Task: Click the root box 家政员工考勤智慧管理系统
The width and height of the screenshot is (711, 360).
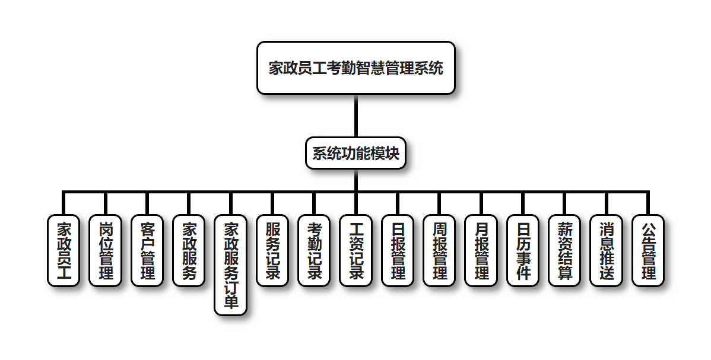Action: pyautogui.click(x=355, y=68)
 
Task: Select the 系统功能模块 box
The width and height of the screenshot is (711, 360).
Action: pyautogui.click(x=355, y=153)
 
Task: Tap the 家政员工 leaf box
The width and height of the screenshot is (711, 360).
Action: pyautogui.click(x=64, y=250)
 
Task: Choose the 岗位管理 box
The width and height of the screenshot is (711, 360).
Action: pyautogui.click(x=105, y=250)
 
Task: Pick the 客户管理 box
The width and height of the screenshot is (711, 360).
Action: pyautogui.click(x=147, y=250)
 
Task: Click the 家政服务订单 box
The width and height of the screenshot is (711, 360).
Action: pyautogui.click(x=231, y=265)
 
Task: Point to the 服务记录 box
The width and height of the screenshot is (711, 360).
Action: pyautogui.click(x=272, y=250)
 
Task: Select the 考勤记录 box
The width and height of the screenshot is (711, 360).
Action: pyautogui.click(x=315, y=250)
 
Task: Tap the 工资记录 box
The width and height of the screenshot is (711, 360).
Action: pyautogui.click(x=356, y=250)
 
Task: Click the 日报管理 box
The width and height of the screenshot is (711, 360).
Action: pyautogui.click(x=398, y=250)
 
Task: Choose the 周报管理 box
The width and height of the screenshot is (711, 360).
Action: pyautogui.click(x=440, y=250)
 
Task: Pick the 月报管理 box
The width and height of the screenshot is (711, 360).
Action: pyautogui.click(x=481, y=250)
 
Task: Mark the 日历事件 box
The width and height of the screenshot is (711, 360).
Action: pyautogui.click(x=523, y=250)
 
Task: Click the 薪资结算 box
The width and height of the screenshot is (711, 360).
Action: pyautogui.click(x=565, y=250)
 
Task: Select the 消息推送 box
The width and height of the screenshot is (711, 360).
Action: pyautogui.click(x=607, y=250)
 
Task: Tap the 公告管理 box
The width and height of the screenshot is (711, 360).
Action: pyautogui.click(x=648, y=250)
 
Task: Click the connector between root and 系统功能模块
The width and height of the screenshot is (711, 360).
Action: pyautogui.click(x=356, y=116)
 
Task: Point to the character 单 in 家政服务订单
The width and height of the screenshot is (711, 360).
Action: pyautogui.click(x=231, y=302)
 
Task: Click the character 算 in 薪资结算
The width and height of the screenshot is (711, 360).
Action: pyautogui.click(x=565, y=273)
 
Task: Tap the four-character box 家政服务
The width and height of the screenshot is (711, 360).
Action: pyautogui.click(x=189, y=250)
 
